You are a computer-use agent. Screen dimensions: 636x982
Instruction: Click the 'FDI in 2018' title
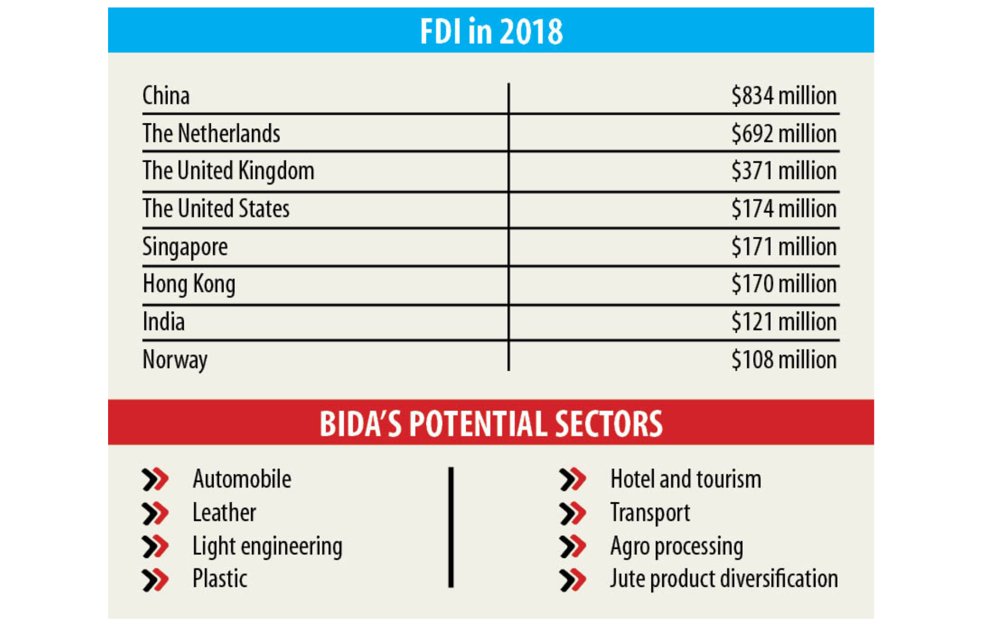tap(491, 31)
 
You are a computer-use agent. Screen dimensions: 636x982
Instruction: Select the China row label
tap(166, 95)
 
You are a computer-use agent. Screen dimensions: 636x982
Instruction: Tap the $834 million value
tap(784, 95)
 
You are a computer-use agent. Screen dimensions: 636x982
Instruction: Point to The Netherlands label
tap(211, 133)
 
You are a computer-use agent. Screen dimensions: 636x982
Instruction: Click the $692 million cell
tap(784, 133)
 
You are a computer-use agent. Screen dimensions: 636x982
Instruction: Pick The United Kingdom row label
tap(228, 171)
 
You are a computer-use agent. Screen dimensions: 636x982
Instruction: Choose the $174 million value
tap(784, 208)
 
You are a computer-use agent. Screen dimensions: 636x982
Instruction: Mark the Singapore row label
tap(185, 247)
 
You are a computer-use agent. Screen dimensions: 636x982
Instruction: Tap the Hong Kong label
tap(189, 284)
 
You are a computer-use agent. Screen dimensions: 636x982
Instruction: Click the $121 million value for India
tap(784, 322)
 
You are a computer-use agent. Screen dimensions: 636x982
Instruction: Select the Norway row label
tap(175, 360)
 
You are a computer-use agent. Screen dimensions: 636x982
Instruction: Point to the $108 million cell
tap(784, 360)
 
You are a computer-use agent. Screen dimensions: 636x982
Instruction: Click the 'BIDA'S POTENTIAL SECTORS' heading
tap(491, 423)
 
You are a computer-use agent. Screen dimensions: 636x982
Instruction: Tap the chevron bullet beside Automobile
tap(155, 480)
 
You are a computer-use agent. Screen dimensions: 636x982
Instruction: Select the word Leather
tap(224, 513)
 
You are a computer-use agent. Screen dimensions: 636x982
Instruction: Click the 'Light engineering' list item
tap(267, 546)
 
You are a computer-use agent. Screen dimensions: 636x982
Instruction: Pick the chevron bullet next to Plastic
tap(155, 579)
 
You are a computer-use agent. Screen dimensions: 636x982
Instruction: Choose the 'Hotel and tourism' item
tap(686, 479)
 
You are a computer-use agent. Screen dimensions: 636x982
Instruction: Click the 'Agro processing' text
tap(676, 546)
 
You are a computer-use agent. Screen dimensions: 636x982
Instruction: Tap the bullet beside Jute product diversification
tap(573, 579)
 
